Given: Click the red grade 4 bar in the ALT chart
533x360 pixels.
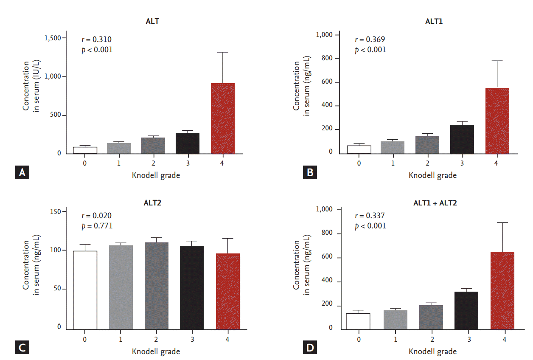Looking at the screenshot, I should pyautogui.click(x=223, y=118).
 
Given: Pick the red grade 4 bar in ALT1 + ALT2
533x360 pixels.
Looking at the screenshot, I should pyautogui.click(x=502, y=290).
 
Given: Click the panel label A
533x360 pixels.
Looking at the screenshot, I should pyautogui.click(x=22, y=172).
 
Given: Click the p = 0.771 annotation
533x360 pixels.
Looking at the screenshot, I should pyautogui.click(x=97, y=225).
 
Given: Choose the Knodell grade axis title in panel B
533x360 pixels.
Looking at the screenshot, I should pyautogui.click(x=433, y=175).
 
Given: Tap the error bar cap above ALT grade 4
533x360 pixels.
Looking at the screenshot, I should pyautogui.click(x=223, y=52).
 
